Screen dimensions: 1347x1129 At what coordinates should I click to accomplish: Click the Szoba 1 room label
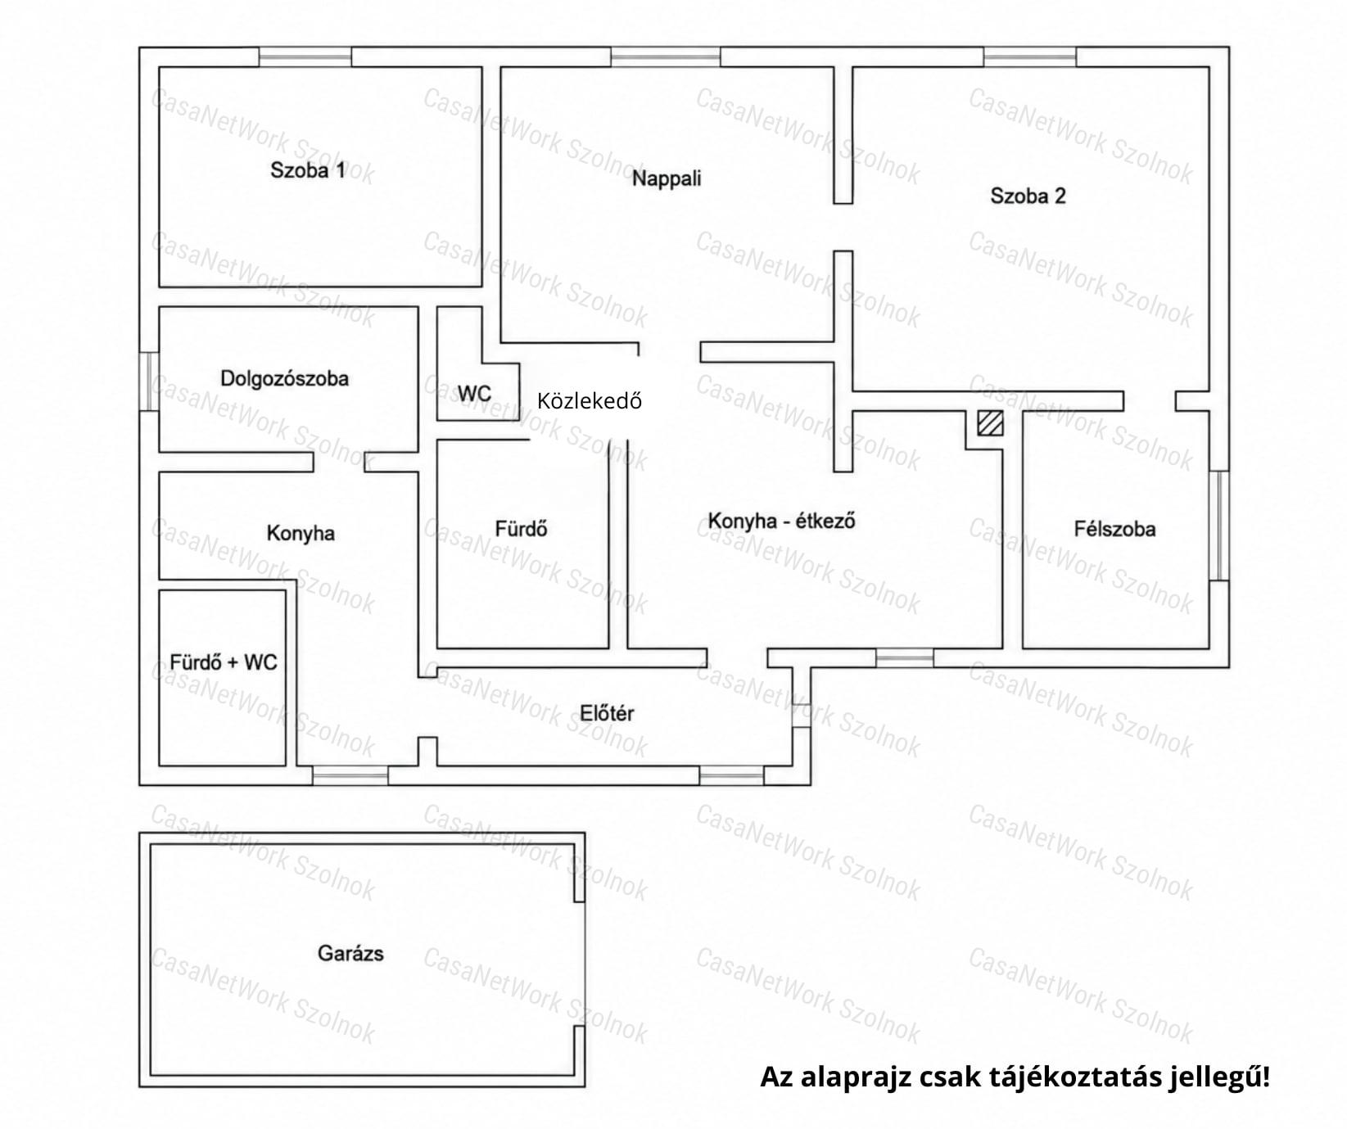point(308,170)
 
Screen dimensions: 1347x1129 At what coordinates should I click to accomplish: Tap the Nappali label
point(667,178)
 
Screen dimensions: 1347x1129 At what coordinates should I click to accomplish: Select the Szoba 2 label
point(1028,196)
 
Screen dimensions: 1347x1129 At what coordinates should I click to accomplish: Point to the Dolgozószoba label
point(284,378)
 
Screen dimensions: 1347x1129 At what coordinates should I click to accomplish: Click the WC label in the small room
point(474,394)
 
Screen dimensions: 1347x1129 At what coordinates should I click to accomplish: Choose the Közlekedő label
point(590,400)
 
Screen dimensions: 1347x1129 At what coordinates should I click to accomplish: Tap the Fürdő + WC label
point(224,662)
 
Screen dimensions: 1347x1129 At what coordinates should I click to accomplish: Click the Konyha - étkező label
point(781,521)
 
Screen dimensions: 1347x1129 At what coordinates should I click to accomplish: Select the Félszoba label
point(1114,529)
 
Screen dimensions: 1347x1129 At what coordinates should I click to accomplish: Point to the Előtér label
point(607,713)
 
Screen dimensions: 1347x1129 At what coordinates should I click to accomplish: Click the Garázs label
point(350,953)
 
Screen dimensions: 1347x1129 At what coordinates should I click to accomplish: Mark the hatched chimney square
point(990,423)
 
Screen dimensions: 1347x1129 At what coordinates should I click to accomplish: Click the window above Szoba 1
point(305,56)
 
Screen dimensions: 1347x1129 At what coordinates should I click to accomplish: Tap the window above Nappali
point(666,56)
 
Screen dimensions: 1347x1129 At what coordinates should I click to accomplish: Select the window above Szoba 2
point(1030,56)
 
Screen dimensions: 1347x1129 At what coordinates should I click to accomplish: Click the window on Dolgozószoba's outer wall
point(149,381)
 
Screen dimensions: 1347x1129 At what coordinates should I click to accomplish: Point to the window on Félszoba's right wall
point(1219,526)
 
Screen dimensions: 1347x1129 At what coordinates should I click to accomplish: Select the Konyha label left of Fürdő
point(301,534)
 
